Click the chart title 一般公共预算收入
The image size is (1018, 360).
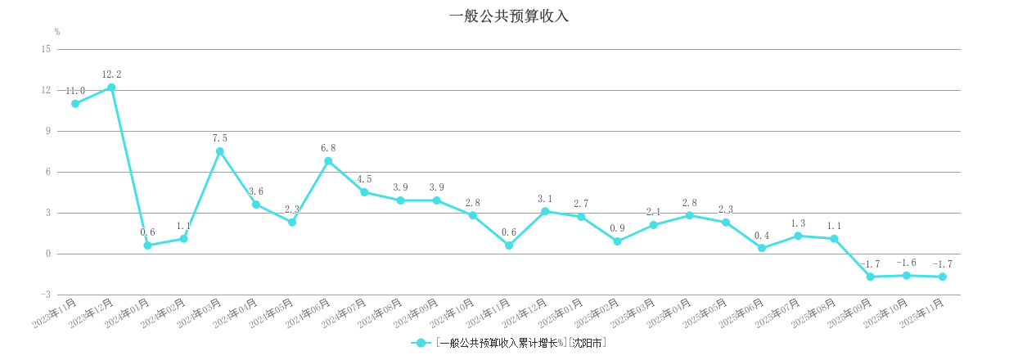pos(508,16)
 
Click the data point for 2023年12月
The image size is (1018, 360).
pos(111,88)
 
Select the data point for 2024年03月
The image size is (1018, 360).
pos(220,151)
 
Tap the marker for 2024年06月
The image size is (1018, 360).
pos(328,161)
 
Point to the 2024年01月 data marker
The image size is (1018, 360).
pos(147,245)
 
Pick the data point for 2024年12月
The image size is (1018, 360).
pos(545,211)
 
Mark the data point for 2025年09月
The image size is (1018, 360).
pos(870,277)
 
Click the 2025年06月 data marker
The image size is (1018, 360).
pos(762,248)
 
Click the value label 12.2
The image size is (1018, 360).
pos(111,74)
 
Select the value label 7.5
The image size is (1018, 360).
pos(220,138)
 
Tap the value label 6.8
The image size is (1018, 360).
pos(328,148)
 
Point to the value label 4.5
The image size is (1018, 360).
pos(364,179)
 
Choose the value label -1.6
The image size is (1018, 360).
pos(906,263)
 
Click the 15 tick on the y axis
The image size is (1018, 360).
pos(46,49)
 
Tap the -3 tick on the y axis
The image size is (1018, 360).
pos(46,295)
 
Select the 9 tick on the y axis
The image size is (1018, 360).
pos(47,131)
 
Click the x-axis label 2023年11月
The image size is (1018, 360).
pos(55,314)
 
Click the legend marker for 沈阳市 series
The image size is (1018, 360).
pos(421,343)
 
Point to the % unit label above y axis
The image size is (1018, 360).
pos(57,32)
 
